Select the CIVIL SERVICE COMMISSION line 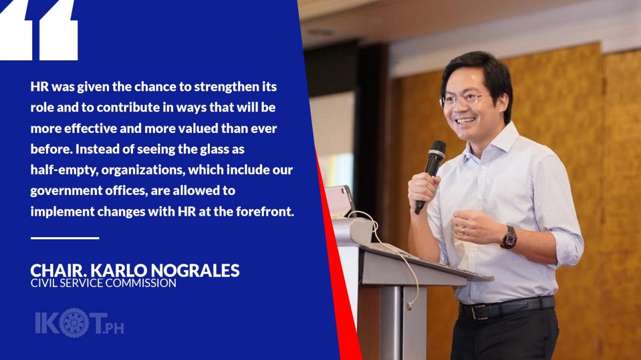pos(103,283)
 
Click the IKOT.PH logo pos(79,323)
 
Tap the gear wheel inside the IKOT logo pos(75,323)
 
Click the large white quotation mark pos(38,30)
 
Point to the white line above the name pos(65,238)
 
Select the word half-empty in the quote pos(65,170)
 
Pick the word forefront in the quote pos(265,212)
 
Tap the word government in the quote pos(66,191)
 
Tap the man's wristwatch pos(509,237)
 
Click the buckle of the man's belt pos(476,312)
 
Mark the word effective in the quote pos(91,129)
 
